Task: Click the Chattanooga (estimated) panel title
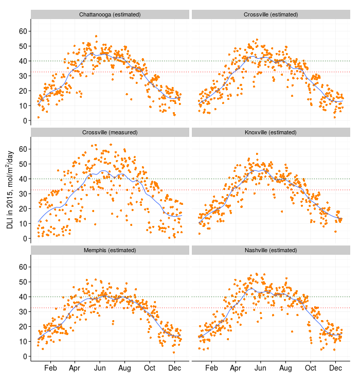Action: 110,14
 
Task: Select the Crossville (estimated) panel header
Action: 271,14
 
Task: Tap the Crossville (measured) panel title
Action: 110,132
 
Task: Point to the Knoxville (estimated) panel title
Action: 271,132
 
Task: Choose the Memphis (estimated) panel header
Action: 110,250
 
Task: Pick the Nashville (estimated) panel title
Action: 271,250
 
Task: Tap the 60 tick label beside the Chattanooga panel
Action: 23,31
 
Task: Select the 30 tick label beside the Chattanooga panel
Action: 23,76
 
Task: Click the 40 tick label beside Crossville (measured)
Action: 23,179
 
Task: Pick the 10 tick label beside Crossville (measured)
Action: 23,224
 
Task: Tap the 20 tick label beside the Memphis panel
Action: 23,327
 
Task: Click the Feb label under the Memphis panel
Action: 50,369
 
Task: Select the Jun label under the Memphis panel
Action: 100,369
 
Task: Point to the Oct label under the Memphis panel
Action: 150,369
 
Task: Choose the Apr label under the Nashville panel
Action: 236,369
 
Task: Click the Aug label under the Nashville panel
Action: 285,369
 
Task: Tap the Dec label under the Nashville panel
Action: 335,369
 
